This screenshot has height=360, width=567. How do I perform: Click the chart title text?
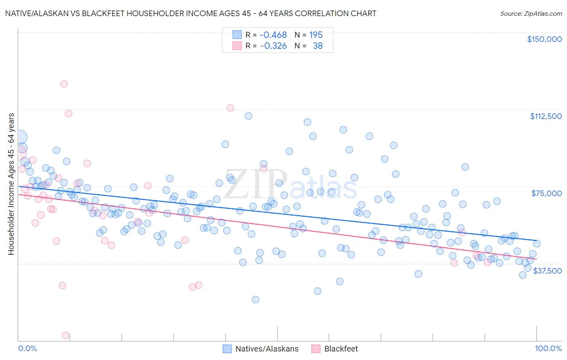[191, 13]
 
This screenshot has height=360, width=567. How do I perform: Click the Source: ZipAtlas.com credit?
[531, 13]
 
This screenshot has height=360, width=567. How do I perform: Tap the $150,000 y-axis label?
[544, 39]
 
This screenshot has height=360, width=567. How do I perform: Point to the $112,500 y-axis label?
[546, 116]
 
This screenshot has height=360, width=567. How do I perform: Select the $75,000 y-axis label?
[546, 193]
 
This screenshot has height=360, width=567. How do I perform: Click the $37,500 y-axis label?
[547, 271]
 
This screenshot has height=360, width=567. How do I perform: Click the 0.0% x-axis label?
[28, 348]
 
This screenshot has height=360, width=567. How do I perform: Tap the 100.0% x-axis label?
[548, 348]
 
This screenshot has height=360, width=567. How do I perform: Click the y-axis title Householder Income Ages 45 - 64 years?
[11, 184]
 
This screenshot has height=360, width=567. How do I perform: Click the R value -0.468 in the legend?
[273, 35]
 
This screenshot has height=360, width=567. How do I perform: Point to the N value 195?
[316, 35]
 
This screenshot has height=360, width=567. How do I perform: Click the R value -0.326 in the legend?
[273, 46]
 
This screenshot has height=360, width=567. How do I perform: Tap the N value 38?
[318, 46]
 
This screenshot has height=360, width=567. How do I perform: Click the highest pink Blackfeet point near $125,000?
[64, 84]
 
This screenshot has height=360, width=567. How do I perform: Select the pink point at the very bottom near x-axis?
[65, 335]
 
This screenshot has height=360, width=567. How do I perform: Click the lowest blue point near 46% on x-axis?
[255, 299]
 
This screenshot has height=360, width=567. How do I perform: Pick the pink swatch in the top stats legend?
[237, 46]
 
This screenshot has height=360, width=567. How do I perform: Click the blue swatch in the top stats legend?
[237, 35]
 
